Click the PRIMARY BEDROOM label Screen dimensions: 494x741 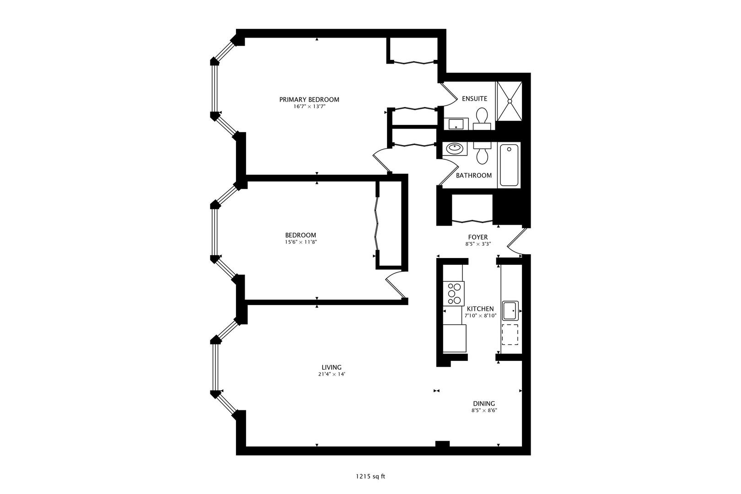tap(309, 99)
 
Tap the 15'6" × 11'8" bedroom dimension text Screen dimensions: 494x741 tap(301, 242)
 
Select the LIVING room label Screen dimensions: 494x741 tap(332, 367)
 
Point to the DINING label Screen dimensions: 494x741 tap(484, 403)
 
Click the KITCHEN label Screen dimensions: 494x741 tap(480, 309)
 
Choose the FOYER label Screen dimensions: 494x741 tap(478, 237)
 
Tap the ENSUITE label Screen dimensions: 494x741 tap(474, 98)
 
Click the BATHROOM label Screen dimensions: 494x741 tap(474, 175)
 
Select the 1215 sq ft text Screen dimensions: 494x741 tap(370, 476)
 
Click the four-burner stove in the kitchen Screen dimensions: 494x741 tap(455, 294)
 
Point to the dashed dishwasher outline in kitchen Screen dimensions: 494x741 tap(510, 334)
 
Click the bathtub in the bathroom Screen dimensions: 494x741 tap(509, 165)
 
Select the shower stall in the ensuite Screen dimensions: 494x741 tap(509, 101)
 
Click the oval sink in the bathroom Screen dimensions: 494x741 tap(455, 148)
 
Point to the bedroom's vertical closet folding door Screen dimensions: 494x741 tap(377, 224)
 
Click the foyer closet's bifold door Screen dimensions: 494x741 tap(472, 222)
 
